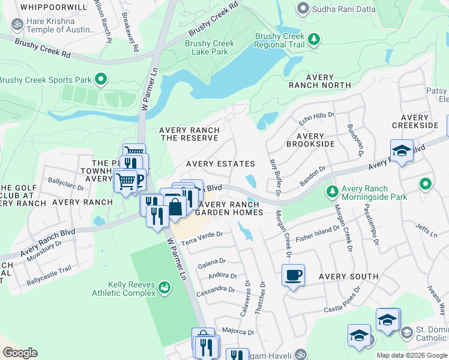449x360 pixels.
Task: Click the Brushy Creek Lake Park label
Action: click(x=209, y=47)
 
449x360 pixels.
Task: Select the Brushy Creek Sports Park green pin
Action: click(x=101, y=79)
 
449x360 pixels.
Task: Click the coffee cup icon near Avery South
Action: click(x=293, y=276)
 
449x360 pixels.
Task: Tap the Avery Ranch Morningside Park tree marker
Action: click(x=331, y=192)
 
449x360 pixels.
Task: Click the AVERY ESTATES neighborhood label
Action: click(x=220, y=164)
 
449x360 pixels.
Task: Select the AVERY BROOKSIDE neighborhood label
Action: click(x=310, y=140)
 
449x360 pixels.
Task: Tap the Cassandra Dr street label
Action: click(x=215, y=289)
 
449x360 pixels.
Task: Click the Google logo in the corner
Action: click(x=20, y=353)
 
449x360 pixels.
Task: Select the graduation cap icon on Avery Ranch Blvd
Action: click(x=401, y=151)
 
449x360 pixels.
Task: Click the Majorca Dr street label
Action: click(x=237, y=331)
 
